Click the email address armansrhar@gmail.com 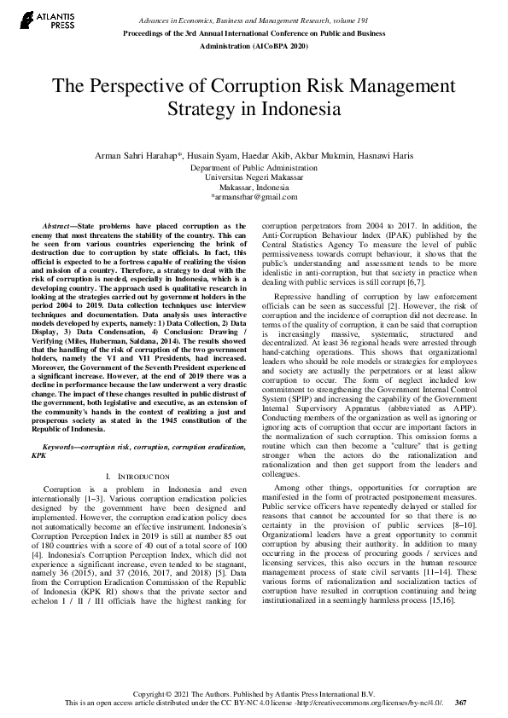tap(253, 196)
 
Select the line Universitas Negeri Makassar tap(254, 177)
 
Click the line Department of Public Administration tap(254, 168)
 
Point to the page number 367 tap(461, 704)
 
